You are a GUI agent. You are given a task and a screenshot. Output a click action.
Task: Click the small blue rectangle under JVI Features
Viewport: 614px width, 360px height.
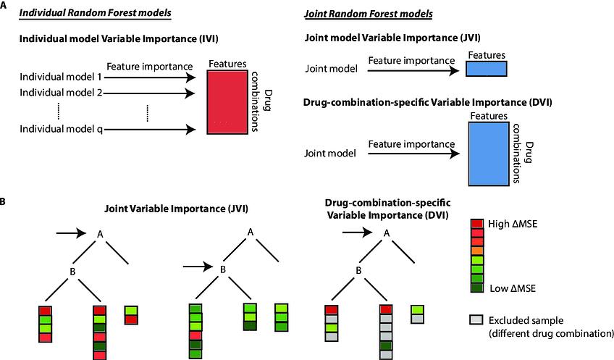pos(486,69)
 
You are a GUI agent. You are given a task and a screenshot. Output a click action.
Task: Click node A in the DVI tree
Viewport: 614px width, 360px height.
pos(387,233)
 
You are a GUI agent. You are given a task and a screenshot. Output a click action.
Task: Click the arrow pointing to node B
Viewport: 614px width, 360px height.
pos(198,267)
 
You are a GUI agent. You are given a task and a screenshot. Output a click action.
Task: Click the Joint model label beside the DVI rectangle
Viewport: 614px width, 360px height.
pos(330,153)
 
